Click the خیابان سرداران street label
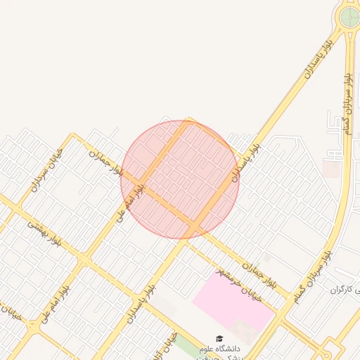pyautogui.click(x=47, y=169)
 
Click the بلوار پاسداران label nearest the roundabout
pyautogui.click(x=318, y=59)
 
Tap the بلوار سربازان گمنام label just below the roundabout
pyautogui.click(x=346, y=98)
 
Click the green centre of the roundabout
pyautogui.click(x=349, y=16)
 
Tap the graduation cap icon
pyautogui.click(x=219, y=338)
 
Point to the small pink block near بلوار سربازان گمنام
pyautogui.click(x=330, y=167)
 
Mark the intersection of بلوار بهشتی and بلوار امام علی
pyautogui.click(x=84, y=261)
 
